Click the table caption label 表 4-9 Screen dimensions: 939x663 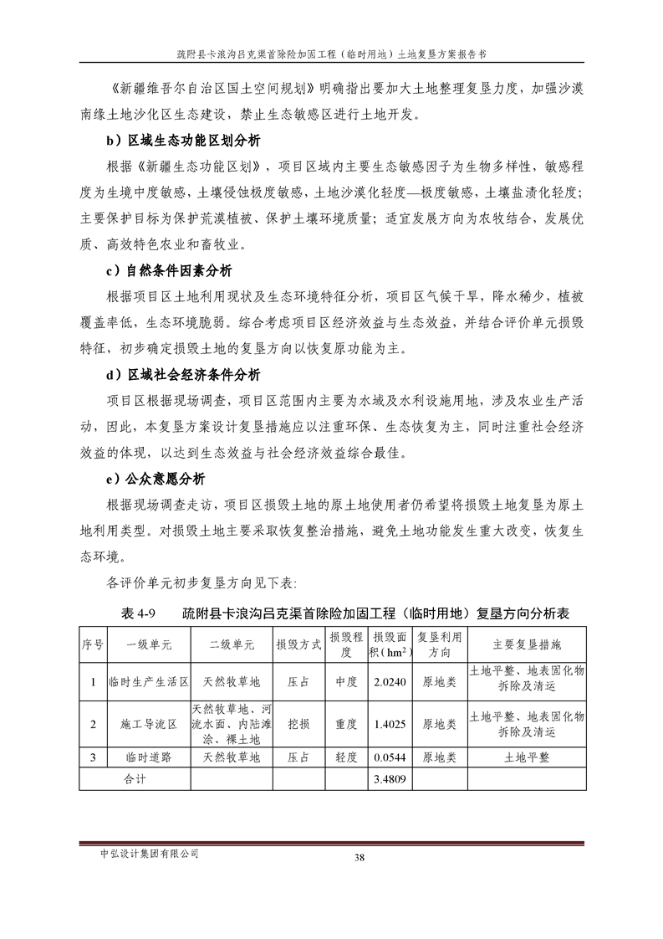click(x=140, y=613)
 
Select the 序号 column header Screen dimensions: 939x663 click(x=92, y=645)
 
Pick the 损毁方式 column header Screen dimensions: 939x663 click(x=299, y=645)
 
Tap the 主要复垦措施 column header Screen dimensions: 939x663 click(x=527, y=645)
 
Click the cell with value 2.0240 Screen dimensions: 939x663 click(x=390, y=682)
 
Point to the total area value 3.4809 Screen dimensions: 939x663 click(x=390, y=778)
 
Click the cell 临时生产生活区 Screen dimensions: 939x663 click(x=149, y=682)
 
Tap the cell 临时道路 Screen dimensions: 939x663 click(x=149, y=757)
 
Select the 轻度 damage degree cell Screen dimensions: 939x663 click(x=345, y=757)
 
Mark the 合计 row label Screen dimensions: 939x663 click(x=134, y=778)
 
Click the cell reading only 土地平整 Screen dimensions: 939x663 click(x=527, y=757)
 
